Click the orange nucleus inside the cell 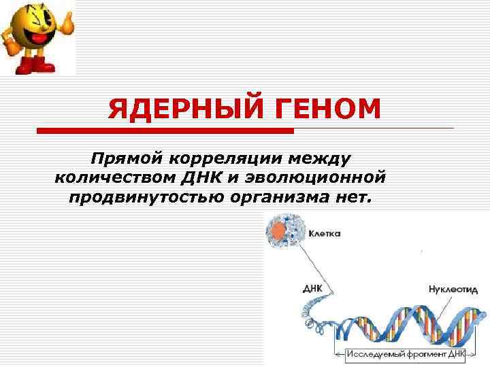click(x=278, y=231)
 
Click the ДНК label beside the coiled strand click(x=313, y=288)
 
